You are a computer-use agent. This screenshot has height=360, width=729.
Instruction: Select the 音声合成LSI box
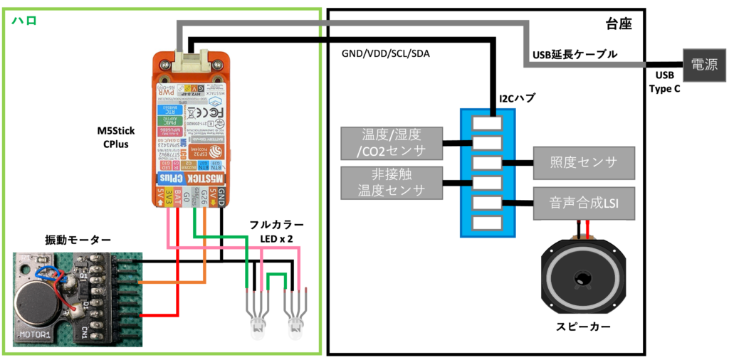583,203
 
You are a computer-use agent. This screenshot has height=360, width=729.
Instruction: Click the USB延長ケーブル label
575,55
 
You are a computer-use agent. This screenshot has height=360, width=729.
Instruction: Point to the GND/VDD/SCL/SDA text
385,54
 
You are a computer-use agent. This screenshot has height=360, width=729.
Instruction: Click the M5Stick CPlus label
115,137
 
